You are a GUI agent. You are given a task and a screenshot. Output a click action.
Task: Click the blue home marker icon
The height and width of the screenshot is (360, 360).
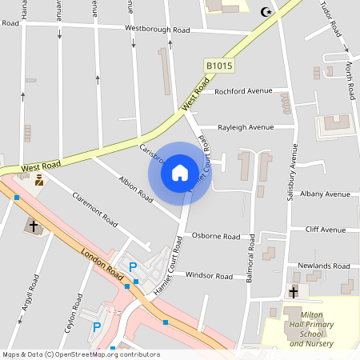point(180,172)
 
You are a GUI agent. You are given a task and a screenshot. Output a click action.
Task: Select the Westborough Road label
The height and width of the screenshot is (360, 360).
point(157,30)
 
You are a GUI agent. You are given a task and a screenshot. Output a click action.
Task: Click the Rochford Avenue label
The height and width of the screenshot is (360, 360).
point(243,90)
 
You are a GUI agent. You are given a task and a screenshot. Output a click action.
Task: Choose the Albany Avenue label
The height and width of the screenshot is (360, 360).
point(325,194)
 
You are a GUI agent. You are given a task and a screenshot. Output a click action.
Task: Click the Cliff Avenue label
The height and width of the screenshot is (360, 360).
point(326,230)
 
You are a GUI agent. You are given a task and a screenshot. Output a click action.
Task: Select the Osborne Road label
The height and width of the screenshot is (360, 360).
point(216,237)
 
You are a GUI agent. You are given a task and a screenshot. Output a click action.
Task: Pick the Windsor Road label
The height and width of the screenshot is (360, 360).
point(209,276)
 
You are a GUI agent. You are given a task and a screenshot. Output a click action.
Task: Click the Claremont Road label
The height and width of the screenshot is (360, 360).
point(94,210)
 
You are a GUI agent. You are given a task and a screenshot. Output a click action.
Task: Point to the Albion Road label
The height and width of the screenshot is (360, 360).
point(135,188)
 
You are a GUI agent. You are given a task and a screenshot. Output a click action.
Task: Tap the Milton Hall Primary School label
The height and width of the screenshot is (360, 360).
point(311,329)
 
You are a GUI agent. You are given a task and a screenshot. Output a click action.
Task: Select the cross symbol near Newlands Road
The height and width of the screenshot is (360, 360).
point(294,291)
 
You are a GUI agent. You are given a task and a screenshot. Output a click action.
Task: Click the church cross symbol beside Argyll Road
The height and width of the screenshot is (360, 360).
point(34,226)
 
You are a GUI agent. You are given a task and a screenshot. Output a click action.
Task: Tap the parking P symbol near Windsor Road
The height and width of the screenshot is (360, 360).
point(134,267)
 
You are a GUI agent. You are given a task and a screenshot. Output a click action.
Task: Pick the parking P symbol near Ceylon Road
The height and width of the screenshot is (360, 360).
point(97,326)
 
